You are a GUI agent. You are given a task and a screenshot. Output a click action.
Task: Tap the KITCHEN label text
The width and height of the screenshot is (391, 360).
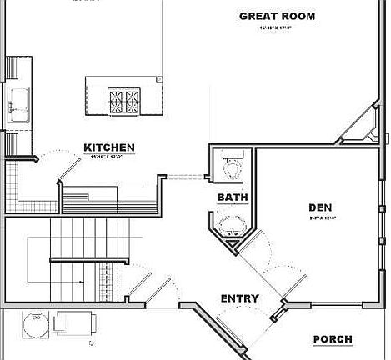tap(109, 148)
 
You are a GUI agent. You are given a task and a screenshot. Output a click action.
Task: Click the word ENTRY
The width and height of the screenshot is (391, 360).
tap(239, 298)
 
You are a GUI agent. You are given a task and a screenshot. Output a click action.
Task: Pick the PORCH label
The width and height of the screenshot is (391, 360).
tap(332, 339)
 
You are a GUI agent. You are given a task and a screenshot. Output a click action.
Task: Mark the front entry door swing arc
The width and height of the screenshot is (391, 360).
tap(233, 321)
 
